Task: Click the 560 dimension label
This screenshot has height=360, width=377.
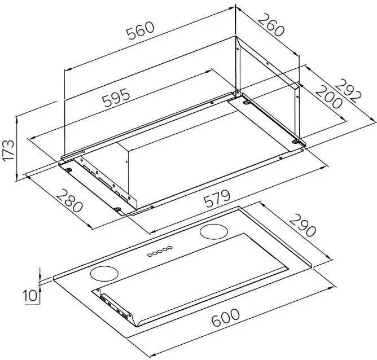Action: click(x=141, y=30)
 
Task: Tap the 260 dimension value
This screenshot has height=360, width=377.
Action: click(x=271, y=25)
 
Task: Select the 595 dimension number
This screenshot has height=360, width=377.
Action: click(x=116, y=97)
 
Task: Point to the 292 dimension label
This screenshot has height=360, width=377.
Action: click(x=348, y=91)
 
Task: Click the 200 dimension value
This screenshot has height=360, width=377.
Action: click(x=328, y=97)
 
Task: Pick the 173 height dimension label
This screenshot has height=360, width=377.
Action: click(x=8, y=150)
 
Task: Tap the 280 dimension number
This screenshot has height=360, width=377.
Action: click(x=70, y=201)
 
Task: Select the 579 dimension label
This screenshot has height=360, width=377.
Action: click(x=217, y=199)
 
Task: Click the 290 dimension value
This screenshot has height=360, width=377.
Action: click(x=303, y=225)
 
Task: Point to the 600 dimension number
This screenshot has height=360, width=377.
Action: click(x=225, y=318)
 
